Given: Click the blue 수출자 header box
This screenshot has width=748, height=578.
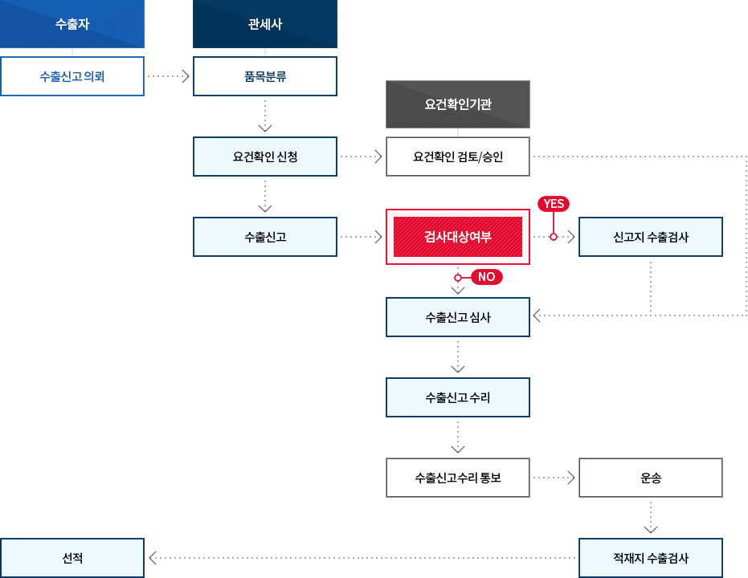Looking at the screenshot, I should pos(72,24).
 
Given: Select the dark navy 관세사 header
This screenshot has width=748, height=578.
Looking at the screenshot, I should pos(265,24).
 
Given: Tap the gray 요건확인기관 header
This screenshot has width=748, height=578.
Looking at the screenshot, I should pos(458,104).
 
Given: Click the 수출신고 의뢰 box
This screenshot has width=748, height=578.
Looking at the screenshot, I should pos(72,77).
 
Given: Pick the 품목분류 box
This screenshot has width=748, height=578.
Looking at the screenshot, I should pos(265,77).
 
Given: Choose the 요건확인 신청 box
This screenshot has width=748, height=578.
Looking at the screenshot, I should pos(265,157).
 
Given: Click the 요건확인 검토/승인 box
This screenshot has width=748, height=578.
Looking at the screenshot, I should pos(458,157).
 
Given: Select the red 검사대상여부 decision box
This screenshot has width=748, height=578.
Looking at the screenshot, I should pos(458,237).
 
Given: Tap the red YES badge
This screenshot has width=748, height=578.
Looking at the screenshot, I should pos(554,204).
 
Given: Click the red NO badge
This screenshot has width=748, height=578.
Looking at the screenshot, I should pos(486,277).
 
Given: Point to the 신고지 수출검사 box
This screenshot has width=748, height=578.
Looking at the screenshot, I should pos(651,237).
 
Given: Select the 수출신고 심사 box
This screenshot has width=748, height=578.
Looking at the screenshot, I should pos(458,317).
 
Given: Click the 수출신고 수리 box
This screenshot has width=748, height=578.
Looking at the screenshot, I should pos(458,397).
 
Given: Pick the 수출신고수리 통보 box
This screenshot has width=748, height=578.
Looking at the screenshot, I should pos(458,478).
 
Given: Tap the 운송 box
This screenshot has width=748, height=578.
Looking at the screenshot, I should pos(651,478).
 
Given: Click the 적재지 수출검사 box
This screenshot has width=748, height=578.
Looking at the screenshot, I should pos(651,558).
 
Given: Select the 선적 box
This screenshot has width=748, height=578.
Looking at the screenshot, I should pos(72,558).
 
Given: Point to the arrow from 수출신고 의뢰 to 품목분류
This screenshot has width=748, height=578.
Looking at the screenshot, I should pos(169,77).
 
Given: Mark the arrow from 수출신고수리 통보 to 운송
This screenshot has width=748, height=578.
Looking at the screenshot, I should pos(554,478).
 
